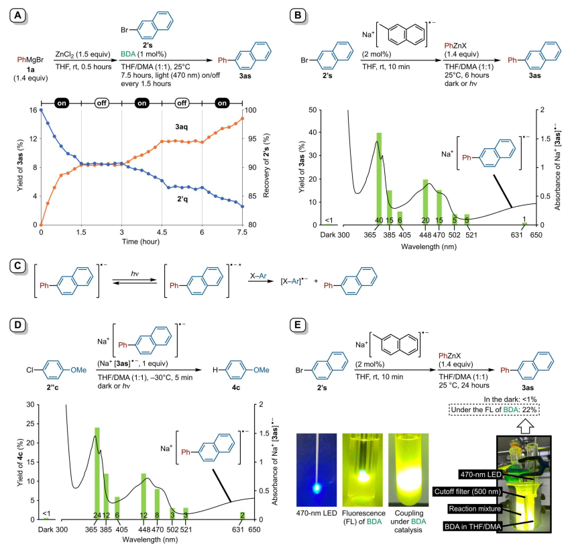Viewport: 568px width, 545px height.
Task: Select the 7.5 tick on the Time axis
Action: [x=243, y=232]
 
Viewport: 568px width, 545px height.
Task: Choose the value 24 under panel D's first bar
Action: [x=97, y=515]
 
